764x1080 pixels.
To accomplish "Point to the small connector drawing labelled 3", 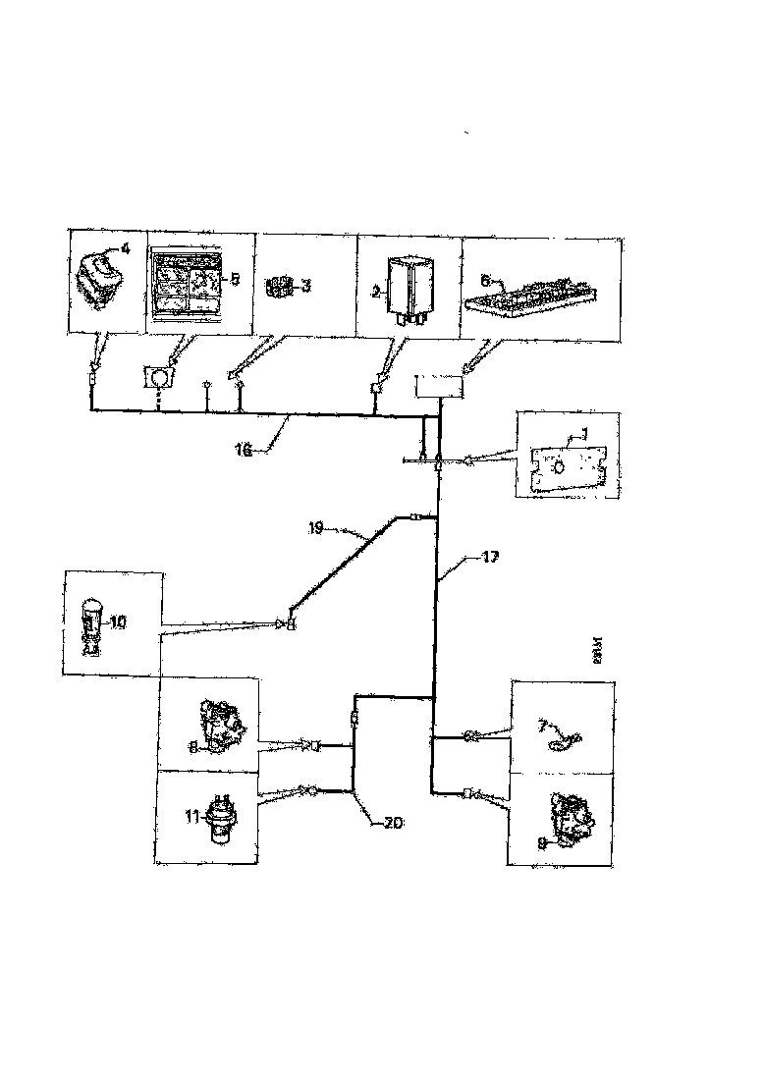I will [x=281, y=286].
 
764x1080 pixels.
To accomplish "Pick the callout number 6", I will [x=485, y=279].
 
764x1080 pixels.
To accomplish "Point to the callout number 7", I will [x=541, y=726].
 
